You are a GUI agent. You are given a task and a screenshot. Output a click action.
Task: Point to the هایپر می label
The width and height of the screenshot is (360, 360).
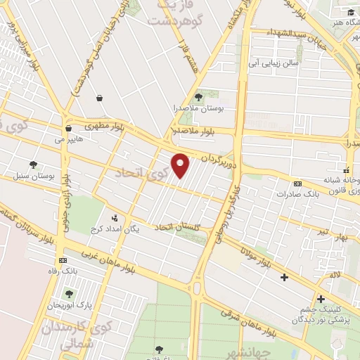pyautogui.click(x=68, y=139)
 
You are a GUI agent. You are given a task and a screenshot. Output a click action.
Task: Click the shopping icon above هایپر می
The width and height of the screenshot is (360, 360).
pyautogui.click(x=68, y=129)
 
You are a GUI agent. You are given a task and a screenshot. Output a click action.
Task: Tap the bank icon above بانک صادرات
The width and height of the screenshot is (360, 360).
pyautogui.click(x=298, y=183)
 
